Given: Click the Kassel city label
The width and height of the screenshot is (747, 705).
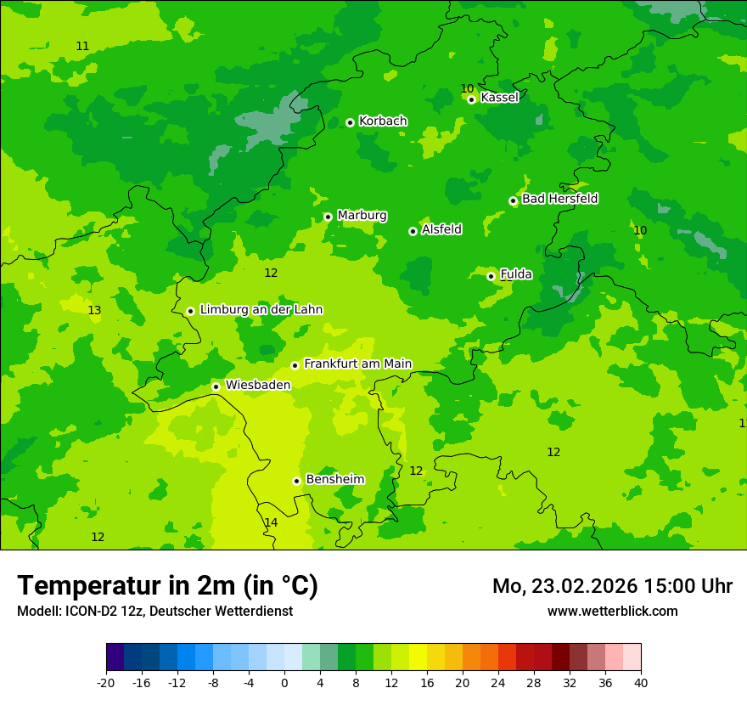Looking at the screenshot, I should [x=499, y=98].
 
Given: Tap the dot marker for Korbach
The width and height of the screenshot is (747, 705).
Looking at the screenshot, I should [x=350, y=122].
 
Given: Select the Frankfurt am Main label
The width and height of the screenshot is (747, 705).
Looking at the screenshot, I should [x=357, y=364].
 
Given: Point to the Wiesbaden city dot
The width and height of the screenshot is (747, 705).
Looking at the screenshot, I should [x=216, y=386].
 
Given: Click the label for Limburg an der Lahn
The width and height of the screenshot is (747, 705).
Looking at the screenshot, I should [x=261, y=310].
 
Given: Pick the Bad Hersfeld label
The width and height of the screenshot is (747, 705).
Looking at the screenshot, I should [x=559, y=199].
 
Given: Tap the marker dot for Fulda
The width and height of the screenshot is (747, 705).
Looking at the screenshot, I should [x=491, y=276].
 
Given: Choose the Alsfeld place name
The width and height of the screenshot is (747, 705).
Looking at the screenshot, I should [x=441, y=229].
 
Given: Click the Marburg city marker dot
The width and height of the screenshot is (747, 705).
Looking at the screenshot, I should [x=328, y=217].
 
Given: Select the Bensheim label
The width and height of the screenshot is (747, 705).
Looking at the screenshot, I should [x=334, y=479].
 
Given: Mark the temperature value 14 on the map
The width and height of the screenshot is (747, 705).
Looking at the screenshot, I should [x=271, y=522].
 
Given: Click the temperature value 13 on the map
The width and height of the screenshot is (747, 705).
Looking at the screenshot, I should [x=94, y=310].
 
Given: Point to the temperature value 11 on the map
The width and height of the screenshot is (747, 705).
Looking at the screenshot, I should [x=82, y=46].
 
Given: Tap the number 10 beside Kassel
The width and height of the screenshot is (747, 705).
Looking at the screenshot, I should [x=467, y=88].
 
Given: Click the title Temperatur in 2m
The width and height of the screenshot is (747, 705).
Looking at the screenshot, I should [x=167, y=585].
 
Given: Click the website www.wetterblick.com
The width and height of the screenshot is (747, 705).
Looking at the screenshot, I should [x=612, y=611].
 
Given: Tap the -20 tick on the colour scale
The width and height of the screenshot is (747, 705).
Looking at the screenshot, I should [x=106, y=683].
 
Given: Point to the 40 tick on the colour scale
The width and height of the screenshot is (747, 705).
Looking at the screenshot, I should [x=641, y=683].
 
